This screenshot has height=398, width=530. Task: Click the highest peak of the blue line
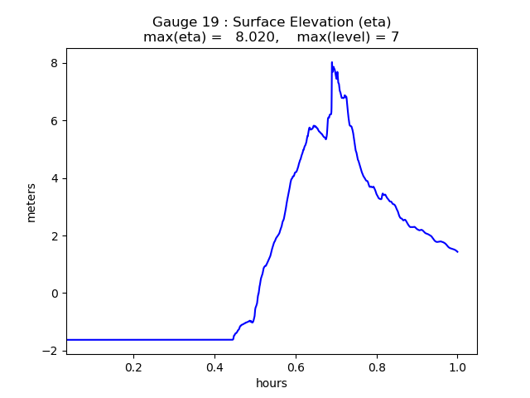click(332, 62)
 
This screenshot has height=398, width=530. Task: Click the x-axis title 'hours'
click(272, 384)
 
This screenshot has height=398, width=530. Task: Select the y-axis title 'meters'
click(31, 202)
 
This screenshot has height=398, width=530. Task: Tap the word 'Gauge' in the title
click(171, 22)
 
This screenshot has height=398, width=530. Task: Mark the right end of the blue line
click(457, 252)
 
